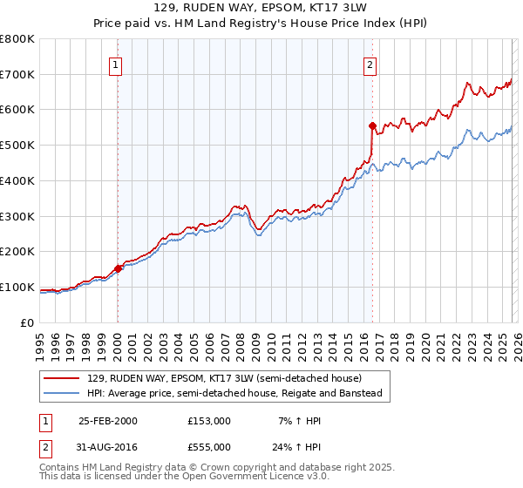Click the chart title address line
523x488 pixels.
pyautogui.click(x=261, y=7)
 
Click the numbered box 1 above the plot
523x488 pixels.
pyautogui.click(x=116, y=64)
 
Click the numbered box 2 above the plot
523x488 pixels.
pyautogui.click(x=370, y=64)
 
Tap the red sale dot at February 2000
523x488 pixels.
pyautogui.click(x=119, y=268)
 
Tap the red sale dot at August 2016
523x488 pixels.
pyautogui.click(x=372, y=125)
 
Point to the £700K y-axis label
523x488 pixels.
pyautogui.click(x=17, y=75)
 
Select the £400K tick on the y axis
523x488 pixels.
pyautogui.click(x=17, y=181)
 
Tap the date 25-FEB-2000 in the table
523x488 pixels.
pyautogui.click(x=107, y=421)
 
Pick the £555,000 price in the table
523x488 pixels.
pyautogui.click(x=209, y=448)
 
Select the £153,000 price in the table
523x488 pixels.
pyautogui.click(x=209, y=421)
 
